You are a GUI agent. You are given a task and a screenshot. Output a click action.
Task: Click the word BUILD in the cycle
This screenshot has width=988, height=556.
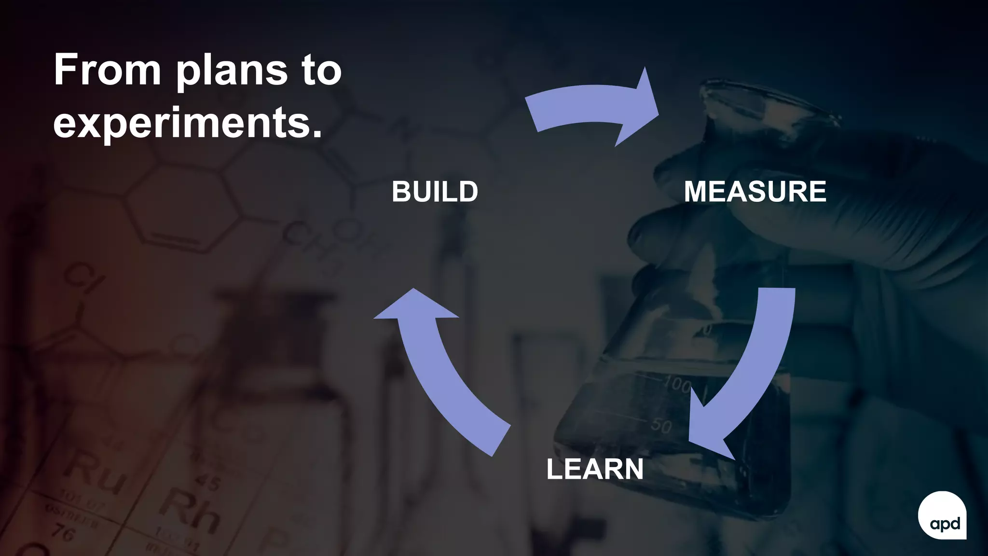[435, 192]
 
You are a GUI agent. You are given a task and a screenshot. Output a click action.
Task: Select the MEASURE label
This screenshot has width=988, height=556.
[755, 191]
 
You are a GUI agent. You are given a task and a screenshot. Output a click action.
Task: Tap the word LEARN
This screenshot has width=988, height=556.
[595, 469]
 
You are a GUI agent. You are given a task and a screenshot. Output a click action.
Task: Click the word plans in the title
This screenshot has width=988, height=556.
[232, 72]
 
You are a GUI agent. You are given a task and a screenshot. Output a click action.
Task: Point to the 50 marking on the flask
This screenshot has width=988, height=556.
[661, 425]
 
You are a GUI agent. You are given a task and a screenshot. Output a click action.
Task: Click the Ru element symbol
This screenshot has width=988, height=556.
[96, 473]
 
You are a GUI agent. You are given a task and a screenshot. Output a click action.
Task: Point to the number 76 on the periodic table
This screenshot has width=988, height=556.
[63, 533]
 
